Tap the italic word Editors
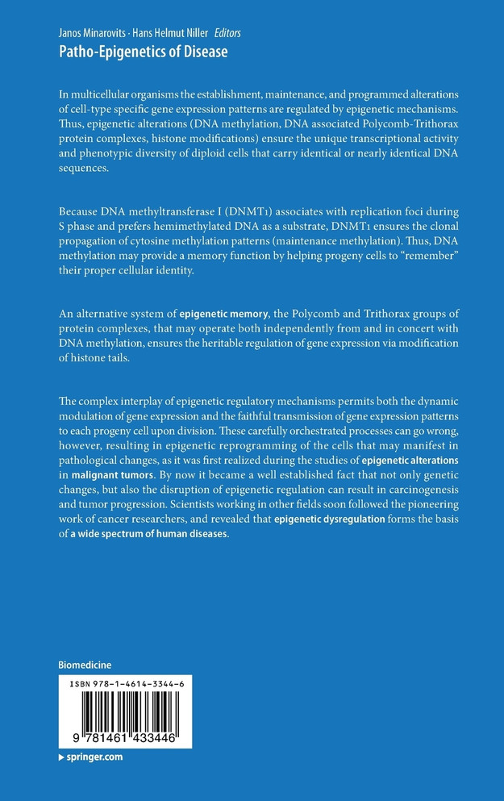[227, 33]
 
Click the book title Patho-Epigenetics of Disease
[144, 52]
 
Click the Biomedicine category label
[85, 665]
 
